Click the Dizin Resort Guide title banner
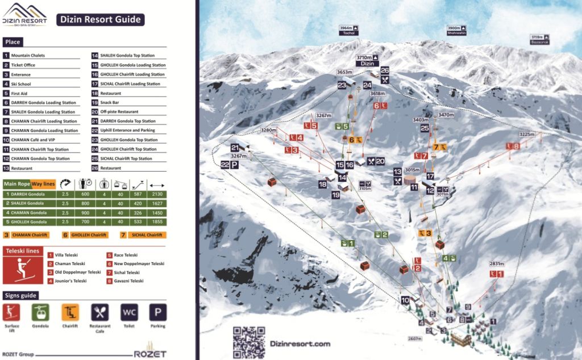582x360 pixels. [x=100, y=19]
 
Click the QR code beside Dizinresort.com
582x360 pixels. [x=249, y=342]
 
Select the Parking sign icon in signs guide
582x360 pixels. [x=157, y=312]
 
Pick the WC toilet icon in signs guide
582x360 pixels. [x=129, y=312]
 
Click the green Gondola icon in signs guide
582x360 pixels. [x=40, y=312]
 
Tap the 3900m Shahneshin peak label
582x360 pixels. [x=457, y=30]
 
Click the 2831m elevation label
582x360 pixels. [x=496, y=264]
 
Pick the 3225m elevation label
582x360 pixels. [x=527, y=135]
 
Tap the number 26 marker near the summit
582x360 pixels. [x=385, y=71]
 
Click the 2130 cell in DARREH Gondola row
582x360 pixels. [x=157, y=194]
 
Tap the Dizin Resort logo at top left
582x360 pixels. [x=24, y=14]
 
